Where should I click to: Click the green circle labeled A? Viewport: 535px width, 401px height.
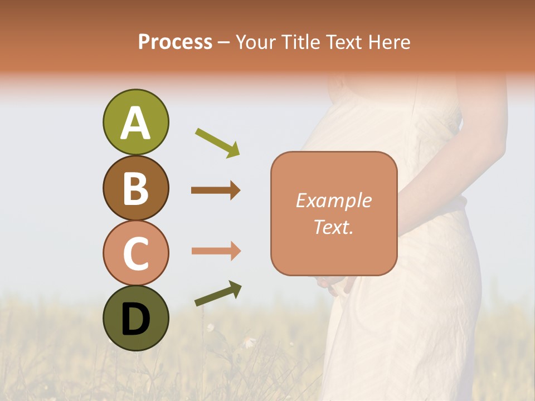click(135, 122)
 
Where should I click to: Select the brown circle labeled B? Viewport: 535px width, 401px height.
click(135, 188)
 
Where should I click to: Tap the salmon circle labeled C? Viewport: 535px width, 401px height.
click(135, 253)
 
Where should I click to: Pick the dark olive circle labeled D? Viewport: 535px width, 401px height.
click(135, 318)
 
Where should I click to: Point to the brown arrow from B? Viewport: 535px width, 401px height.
click(216, 190)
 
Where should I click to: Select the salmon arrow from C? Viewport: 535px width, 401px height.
click(216, 251)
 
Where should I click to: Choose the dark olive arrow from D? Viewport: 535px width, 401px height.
click(218, 294)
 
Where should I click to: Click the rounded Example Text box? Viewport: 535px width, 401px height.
click(334, 213)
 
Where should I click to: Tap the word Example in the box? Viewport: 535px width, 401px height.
click(334, 200)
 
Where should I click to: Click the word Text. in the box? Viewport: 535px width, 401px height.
click(334, 227)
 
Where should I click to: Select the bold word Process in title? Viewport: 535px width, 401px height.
click(175, 42)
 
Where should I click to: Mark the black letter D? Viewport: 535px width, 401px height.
click(135, 320)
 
